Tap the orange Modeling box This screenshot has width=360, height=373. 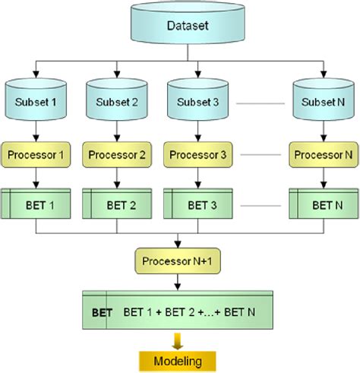tap(176, 359)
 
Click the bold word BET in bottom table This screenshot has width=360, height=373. tap(102, 312)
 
